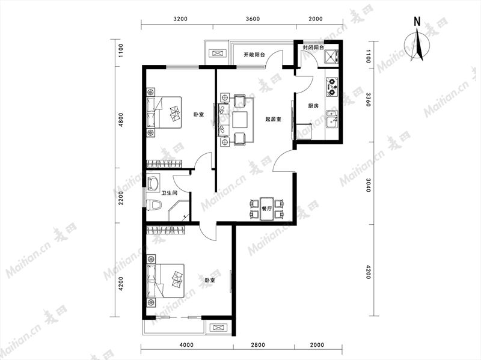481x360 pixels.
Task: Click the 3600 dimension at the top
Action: click(253, 19)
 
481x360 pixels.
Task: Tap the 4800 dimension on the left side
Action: click(121, 120)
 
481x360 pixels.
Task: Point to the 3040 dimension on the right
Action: click(368, 185)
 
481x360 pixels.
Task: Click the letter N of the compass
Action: click(417, 22)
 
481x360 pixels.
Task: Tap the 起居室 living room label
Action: click(274, 119)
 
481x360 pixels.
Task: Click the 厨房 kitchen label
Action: click(313, 106)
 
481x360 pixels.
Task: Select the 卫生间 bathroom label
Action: click(170, 193)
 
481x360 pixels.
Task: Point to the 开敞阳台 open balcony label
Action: click(254, 55)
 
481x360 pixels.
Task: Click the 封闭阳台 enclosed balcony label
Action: click(313, 48)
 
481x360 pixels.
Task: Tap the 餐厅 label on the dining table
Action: click(267, 209)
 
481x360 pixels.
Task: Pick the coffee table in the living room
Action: click(240, 120)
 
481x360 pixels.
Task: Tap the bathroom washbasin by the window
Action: click(153, 183)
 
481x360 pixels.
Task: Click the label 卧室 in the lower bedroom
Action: click(209, 280)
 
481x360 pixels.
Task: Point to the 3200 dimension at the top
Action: click(180, 19)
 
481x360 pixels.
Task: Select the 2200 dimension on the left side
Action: click(121, 198)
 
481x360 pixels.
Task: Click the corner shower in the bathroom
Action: click(179, 211)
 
